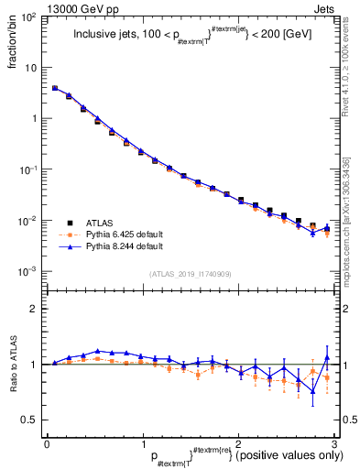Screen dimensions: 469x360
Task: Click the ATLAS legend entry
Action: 99,223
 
